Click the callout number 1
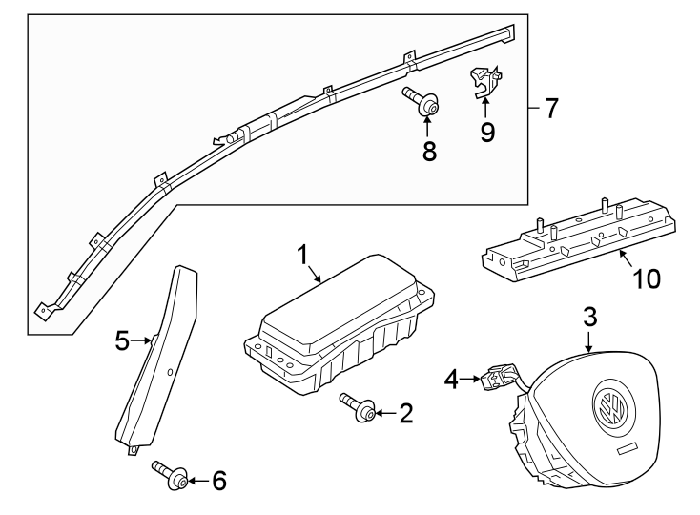[302, 256]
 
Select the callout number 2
[405, 413]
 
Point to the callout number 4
[452, 381]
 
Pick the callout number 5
[122, 340]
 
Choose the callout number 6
[218, 481]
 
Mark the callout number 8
[429, 150]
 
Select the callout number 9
[487, 132]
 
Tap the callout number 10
[647, 278]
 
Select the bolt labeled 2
[359, 408]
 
